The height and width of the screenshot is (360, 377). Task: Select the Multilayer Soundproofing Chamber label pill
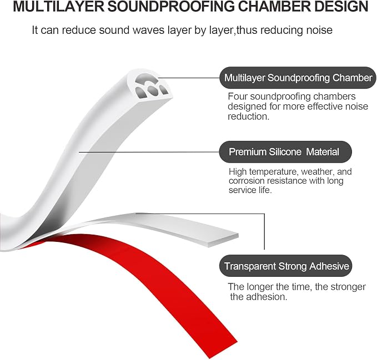click(x=298, y=78)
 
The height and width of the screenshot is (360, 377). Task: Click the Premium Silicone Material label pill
click(x=285, y=152)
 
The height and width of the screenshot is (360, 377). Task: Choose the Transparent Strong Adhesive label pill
click(x=285, y=266)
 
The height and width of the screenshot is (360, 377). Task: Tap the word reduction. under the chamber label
click(x=249, y=116)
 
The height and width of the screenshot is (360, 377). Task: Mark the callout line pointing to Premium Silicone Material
click(x=149, y=152)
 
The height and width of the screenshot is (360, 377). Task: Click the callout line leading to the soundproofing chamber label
click(x=189, y=78)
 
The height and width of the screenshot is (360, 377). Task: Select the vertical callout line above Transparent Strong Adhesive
click(x=264, y=231)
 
